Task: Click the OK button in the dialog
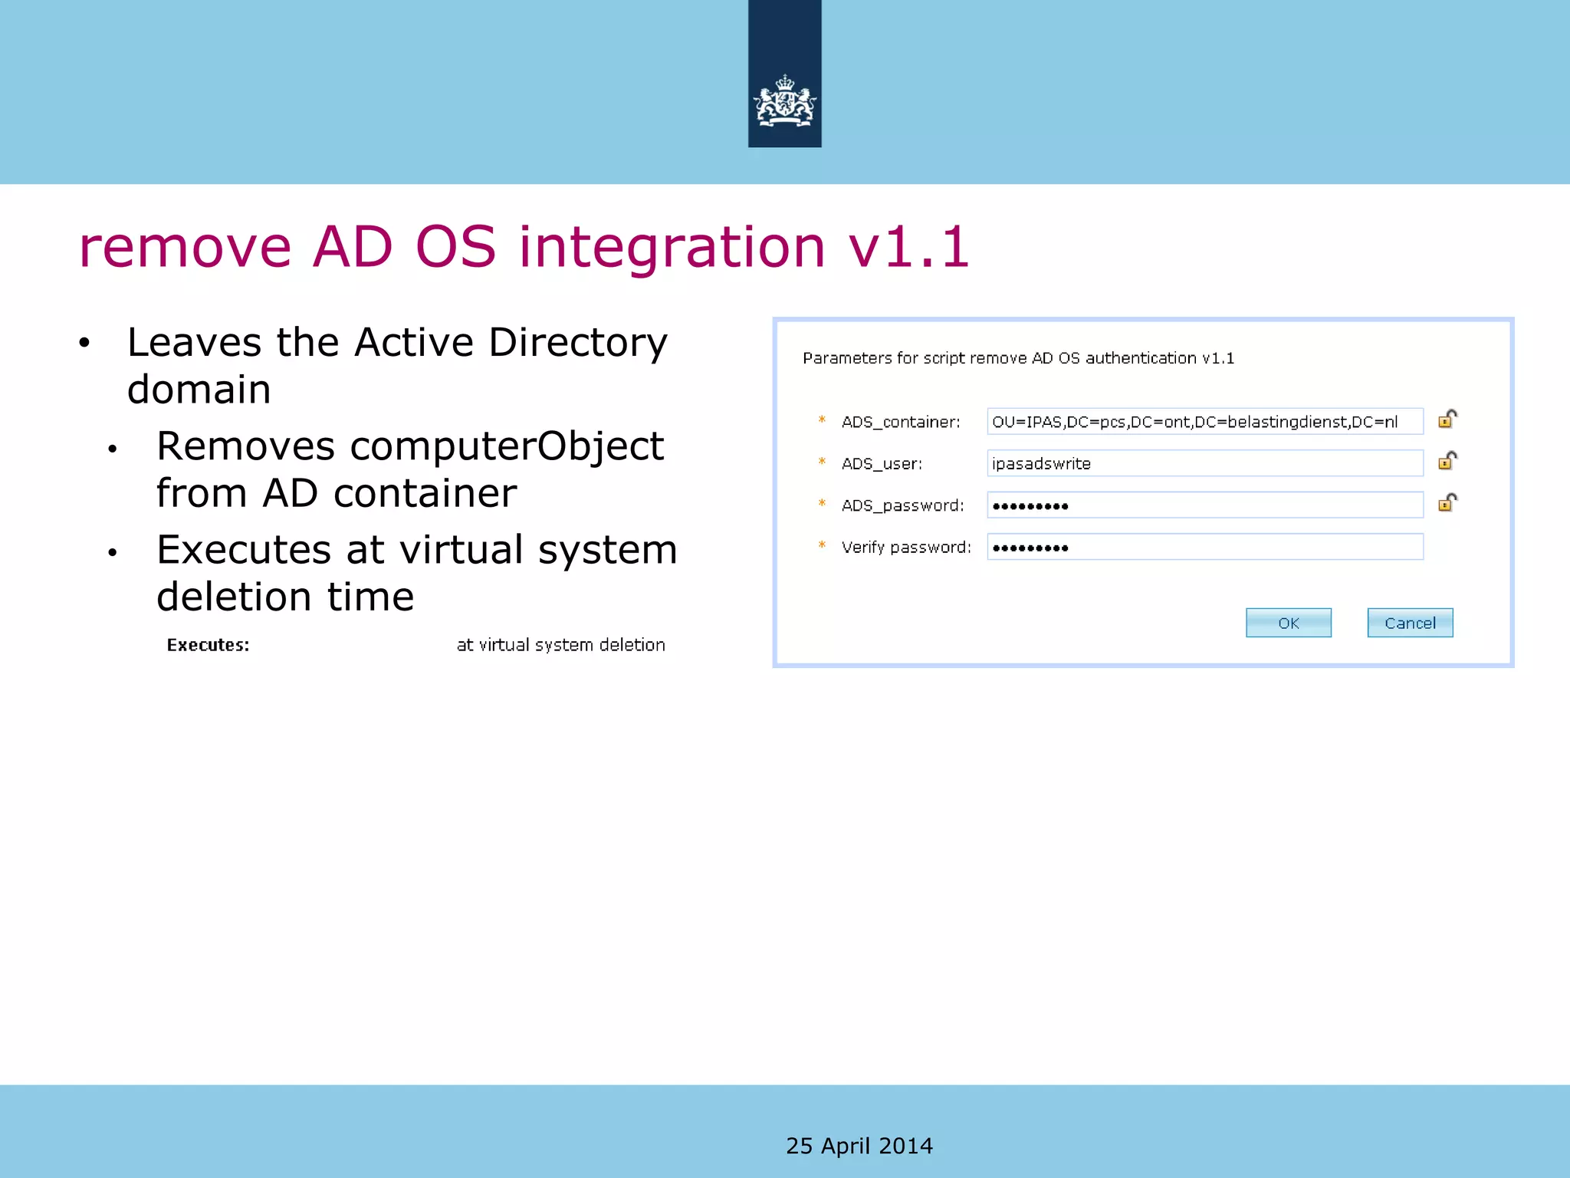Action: (x=1288, y=623)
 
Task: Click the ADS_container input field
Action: (x=1204, y=422)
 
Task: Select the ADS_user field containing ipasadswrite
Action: (x=1204, y=463)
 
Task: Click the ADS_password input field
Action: (x=1204, y=505)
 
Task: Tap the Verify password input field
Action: (x=1204, y=547)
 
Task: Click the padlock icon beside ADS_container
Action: (x=1447, y=419)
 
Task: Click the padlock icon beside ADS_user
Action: (x=1447, y=461)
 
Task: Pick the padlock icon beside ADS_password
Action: (x=1447, y=502)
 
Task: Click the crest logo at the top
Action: (x=784, y=102)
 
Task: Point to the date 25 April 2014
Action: (x=859, y=1146)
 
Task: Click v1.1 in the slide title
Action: (x=908, y=248)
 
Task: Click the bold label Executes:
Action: (x=208, y=645)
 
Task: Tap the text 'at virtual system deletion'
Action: (x=560, y=645)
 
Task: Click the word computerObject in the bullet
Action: (x=506, y=446)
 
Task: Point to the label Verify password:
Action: (x=905, y=548)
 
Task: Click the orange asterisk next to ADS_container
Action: (x=822, y=420)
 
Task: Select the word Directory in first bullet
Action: (x=578, y=342)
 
